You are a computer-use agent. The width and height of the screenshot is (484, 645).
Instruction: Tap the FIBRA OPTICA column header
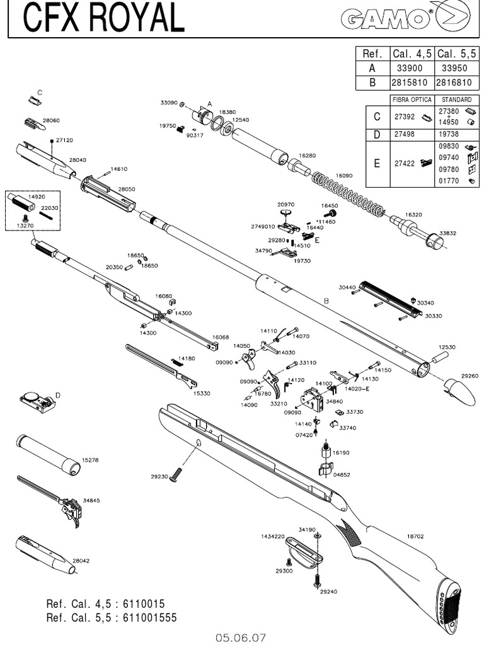point(413,100)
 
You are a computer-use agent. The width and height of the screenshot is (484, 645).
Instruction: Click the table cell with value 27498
point(404,134)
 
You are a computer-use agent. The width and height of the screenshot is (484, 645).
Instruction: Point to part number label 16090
point(344,176)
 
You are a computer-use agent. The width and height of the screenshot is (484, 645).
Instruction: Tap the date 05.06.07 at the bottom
point(241,637)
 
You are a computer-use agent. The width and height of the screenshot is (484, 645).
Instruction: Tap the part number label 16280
point(308,154)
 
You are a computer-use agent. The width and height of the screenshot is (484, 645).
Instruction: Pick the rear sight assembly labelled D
point(38,401)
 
